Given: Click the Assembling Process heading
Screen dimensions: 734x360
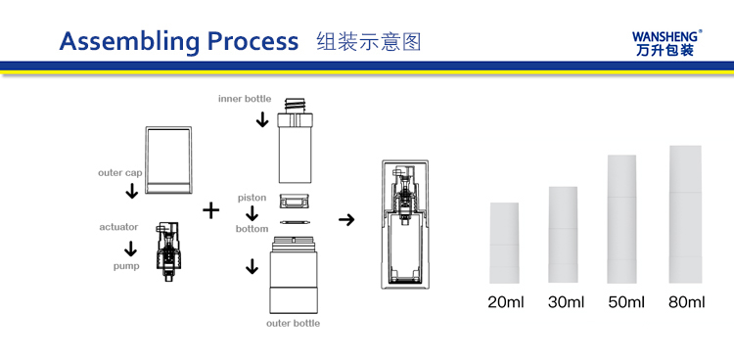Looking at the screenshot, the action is [x=179, y=41].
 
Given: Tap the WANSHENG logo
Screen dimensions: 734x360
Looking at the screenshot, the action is [x=667, y=43].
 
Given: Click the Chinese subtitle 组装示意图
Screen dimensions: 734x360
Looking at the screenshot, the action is [x=369, y=42].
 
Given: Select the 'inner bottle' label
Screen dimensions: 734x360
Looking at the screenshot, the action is [x=245, y=99].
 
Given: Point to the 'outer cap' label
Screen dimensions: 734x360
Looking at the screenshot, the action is [x=119, y=173].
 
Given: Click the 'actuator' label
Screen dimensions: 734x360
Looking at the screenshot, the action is [x=118, y=227].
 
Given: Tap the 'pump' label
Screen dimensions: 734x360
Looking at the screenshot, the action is [x=126, y=266].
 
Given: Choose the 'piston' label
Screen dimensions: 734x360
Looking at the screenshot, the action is [x=252, y=198].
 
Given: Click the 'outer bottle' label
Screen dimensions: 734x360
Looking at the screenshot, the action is [x=293, y=323].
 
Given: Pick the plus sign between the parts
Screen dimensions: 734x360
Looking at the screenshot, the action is [x=211, y=210].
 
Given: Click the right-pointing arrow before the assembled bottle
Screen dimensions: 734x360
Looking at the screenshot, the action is [x=346, y=219].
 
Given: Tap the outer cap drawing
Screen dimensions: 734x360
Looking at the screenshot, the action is [x=168, y=159].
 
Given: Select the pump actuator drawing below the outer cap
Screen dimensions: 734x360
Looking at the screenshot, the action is [x=167, y=250].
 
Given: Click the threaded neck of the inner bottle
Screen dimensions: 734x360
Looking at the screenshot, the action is [x=295, y=106].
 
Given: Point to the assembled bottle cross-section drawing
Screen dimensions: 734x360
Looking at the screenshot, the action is [x=405, y=224].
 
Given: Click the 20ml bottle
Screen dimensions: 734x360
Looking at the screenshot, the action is [x=504, y=243].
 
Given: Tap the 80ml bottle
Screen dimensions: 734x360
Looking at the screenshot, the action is [x=685, y=214].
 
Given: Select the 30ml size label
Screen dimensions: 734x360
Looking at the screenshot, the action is [x=566, y=302].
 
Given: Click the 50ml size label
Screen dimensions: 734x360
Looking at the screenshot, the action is [x=626, y=302].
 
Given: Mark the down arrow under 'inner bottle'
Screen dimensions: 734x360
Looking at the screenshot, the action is [x=262, y=119].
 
